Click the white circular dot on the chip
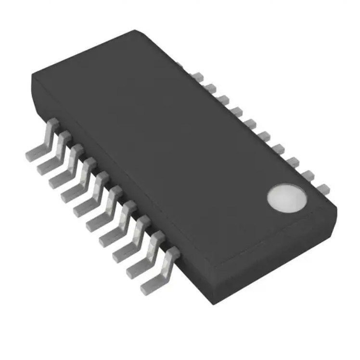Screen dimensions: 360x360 287,197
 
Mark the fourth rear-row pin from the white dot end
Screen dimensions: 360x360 280,148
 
